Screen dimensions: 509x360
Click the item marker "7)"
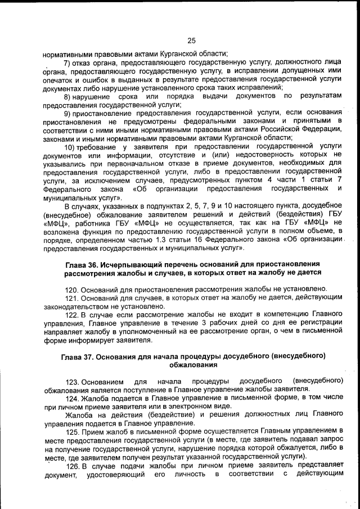pyautogui.click(x=67, y=62)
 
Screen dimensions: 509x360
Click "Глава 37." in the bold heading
pyautogui.click(x=79, y=357)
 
